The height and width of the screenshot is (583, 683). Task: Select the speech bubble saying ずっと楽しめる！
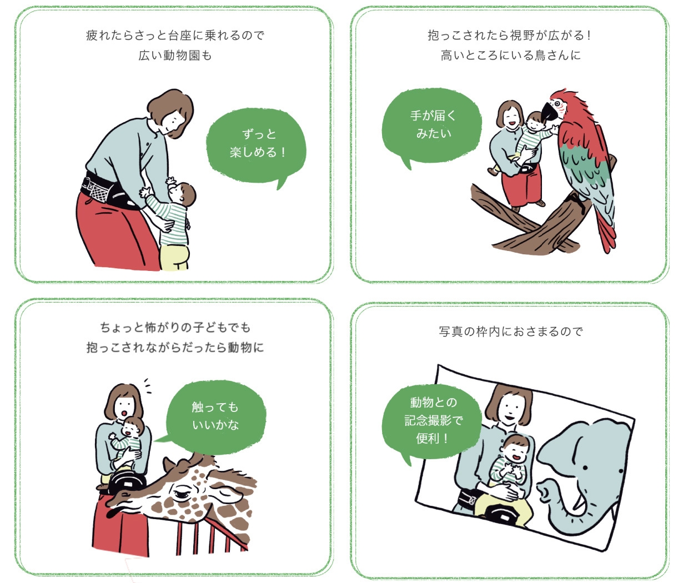tap(257, 143)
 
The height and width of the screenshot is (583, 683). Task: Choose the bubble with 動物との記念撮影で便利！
tap(432, 420)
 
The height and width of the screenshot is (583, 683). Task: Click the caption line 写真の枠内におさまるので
tap(511, 331)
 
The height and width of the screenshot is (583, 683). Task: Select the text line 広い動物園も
tap(175, 56)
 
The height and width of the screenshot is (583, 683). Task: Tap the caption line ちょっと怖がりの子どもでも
tap(175, 327)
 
